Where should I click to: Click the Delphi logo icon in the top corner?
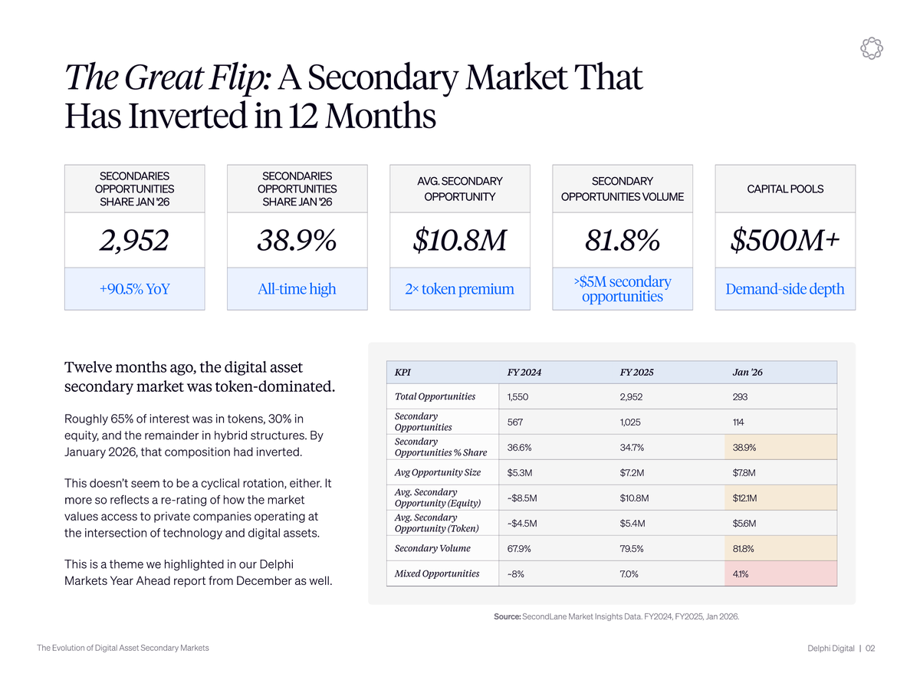coord(871,48)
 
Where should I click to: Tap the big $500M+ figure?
coord(784,240)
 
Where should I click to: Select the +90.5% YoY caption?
coord(134,289)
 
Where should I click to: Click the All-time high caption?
coord(297,289)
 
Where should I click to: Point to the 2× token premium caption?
coord(459,289)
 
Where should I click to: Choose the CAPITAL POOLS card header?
coord(784,189)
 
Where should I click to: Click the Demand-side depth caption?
coord(784,289)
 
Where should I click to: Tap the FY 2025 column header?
coord(636,373)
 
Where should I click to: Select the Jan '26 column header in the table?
coord(747,373)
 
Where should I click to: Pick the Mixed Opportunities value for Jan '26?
coord(741,573)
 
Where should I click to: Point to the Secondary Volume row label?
coord(432,548)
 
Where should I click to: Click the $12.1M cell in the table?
coord(745,498)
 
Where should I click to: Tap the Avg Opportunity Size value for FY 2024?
coord(522,472)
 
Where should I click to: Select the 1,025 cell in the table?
coord(632,422)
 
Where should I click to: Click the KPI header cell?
coord(402,373)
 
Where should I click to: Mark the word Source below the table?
coord(507,616)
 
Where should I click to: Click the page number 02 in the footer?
coord(870,649)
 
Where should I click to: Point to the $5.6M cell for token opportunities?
coord(744,524)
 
